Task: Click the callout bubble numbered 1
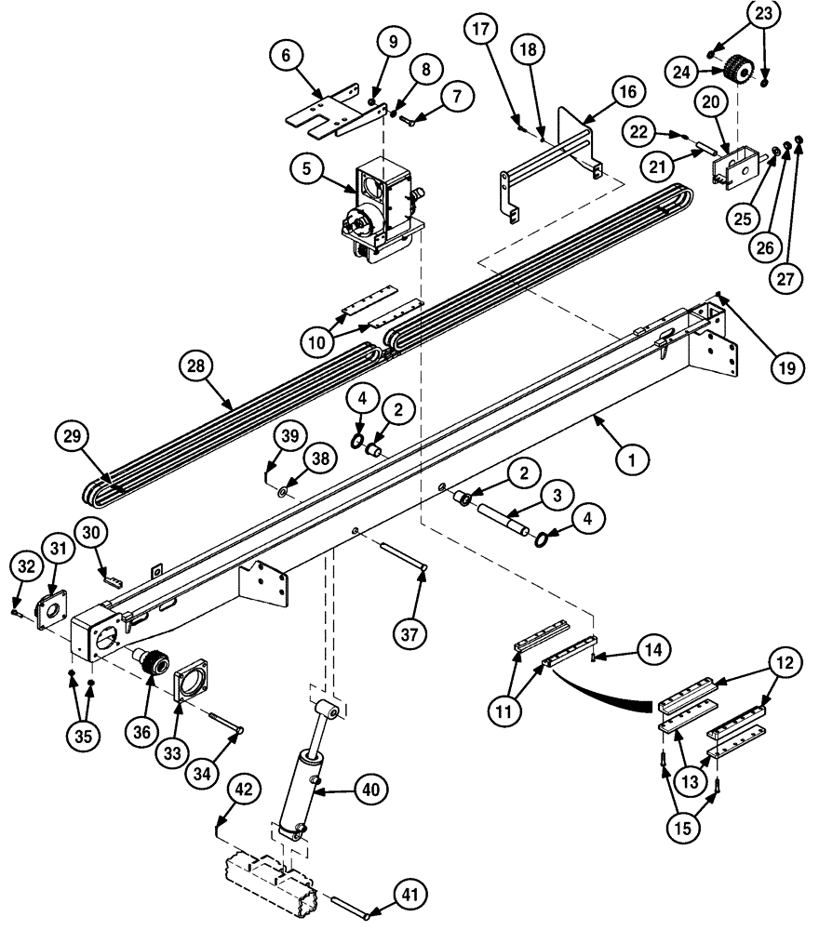(631, 458)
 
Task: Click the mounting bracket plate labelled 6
(333, 108)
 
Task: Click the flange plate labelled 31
(47, 613)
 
